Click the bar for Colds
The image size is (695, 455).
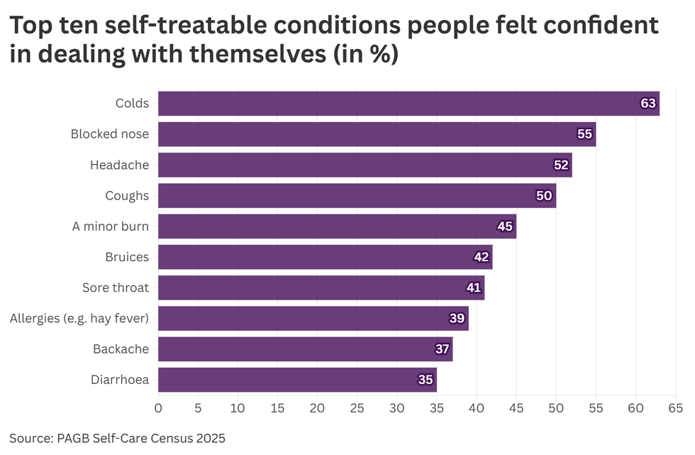pos(408,104)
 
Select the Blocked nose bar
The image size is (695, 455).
pos(376,134)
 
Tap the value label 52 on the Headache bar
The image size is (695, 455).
pos(561,165)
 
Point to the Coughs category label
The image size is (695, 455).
pos(127,196)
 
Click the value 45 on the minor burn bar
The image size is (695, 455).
pos(505,226)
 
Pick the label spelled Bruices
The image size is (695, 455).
pos(127,257)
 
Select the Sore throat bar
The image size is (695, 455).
pos(321,288)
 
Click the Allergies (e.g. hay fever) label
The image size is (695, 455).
pos(79,319)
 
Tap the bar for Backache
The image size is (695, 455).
pos(305,349)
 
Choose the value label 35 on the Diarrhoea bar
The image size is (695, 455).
pos(426,380)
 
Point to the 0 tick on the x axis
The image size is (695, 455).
pos(158,408)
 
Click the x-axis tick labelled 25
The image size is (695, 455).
pos(357,408)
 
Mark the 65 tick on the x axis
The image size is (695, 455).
pos(675,408)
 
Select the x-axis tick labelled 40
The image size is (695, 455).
pos(477,408)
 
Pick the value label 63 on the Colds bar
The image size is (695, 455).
pos(648,104)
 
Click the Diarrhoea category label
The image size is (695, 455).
pos(121,380)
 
